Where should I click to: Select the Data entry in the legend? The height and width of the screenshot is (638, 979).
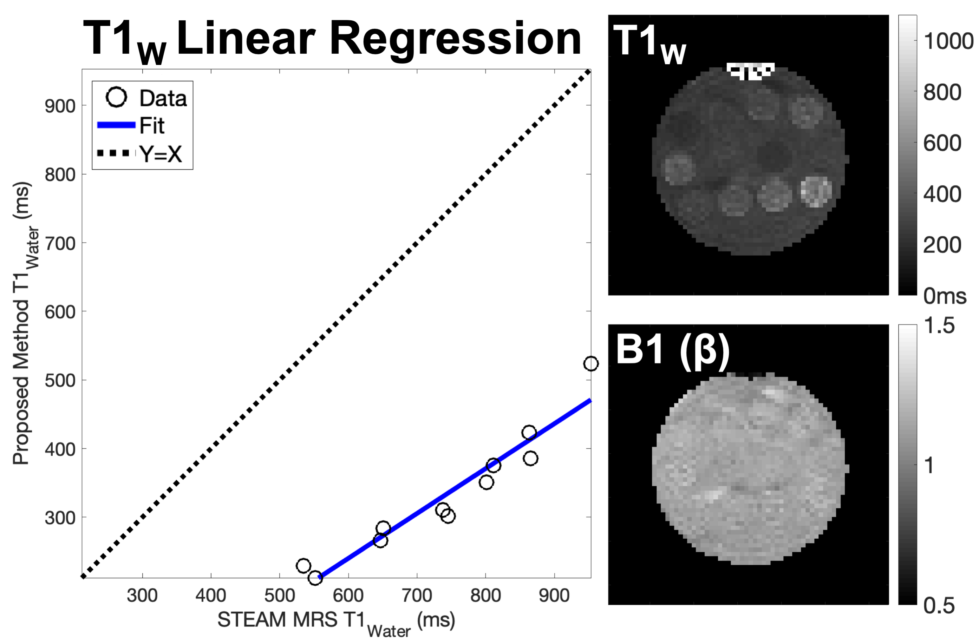tap(163, 98)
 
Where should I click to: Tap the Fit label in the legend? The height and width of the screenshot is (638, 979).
tap(152, 125)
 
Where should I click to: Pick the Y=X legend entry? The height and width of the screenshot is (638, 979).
tap(161, 154)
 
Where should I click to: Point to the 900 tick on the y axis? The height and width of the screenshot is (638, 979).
tap(60, 106)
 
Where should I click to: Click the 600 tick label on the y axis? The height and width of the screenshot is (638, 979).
tap(60, 312)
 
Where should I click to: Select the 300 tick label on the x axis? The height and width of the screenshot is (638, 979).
tap(142, 595)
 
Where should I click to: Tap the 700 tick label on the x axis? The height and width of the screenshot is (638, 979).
tap(417, 595)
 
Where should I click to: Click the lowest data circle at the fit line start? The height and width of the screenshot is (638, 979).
tap(315, 578)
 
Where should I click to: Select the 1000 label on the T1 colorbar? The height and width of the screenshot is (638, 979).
tap(948, 41)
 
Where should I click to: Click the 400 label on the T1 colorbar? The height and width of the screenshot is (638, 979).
tap(942, 194)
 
